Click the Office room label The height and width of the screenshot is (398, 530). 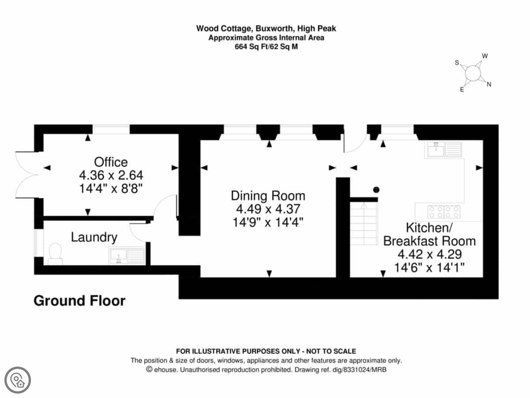111,162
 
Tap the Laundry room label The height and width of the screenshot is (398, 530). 94,237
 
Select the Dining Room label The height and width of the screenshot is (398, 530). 268,196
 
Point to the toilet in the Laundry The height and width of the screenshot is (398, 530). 55,254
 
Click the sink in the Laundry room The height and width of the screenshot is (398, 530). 127,256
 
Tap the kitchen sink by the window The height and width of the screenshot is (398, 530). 444,150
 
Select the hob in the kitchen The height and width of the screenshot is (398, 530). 444,212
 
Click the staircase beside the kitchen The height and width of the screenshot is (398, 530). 364,223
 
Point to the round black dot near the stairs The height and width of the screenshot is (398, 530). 376,190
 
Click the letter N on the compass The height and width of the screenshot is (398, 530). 489,84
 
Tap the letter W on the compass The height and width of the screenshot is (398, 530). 485,56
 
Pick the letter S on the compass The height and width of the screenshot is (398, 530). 457,63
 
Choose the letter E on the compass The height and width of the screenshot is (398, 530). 462,90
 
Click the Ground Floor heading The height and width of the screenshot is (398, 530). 79,301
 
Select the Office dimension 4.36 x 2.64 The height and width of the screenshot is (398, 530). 111,175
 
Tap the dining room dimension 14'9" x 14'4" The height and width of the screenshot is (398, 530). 268,222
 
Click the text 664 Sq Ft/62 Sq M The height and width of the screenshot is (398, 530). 266,46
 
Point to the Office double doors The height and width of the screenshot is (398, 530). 26,175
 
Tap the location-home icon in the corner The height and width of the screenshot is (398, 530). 18,380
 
